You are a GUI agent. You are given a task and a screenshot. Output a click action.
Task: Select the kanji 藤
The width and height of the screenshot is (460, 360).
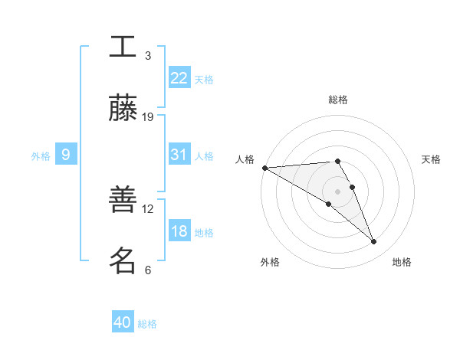pos(123,109)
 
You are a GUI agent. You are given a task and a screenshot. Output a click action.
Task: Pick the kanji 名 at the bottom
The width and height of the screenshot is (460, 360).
pos(123,261)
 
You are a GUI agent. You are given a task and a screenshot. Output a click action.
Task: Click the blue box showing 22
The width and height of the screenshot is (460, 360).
pos(179,78)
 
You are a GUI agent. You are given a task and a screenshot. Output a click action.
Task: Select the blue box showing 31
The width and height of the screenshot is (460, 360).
pos(179,155)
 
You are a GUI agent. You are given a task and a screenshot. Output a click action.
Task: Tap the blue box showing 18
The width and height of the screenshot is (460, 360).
pos(179,231)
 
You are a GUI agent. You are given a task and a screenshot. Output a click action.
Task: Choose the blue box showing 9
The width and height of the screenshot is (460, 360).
pos(66,155)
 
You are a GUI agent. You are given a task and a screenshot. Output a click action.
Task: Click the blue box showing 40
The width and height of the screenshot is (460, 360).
pos(123,322)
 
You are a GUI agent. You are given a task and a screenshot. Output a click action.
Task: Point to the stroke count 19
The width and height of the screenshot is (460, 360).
pos(148,117)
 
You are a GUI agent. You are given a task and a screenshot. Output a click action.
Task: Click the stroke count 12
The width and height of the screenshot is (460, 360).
pos(148,208)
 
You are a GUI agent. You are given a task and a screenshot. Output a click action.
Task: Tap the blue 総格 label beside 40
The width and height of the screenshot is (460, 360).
pos(147,324)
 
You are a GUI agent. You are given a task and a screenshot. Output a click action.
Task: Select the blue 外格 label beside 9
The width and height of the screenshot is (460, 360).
pos(41,156)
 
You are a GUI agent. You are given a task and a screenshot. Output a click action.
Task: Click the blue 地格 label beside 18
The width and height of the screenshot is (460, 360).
pos(204,233)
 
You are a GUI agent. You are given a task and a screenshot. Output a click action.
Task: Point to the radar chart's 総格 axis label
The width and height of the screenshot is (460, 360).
pos(338,100)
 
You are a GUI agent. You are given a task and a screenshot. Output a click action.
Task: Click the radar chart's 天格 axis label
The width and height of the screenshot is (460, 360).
pos(432,159)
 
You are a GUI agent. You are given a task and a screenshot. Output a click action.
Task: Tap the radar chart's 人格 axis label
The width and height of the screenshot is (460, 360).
pos(245,159)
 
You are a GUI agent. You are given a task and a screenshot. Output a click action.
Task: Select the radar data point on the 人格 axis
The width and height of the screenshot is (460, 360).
pos(264,168)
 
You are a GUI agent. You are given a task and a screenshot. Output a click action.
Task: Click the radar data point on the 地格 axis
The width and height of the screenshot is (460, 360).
pos(374,242)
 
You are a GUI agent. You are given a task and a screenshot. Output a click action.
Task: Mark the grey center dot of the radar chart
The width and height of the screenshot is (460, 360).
pos(338,191)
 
